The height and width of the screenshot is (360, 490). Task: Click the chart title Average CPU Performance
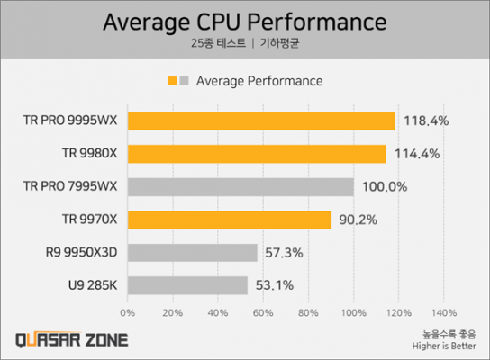pos(245,20)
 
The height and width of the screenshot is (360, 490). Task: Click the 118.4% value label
pos(423,121)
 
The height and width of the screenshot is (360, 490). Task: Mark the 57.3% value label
pos(286,253)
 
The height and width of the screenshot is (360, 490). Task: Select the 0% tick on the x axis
pos(127,313)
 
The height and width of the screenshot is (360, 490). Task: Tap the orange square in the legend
pos(172,81)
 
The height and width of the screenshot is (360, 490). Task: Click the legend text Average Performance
pos(259,81)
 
